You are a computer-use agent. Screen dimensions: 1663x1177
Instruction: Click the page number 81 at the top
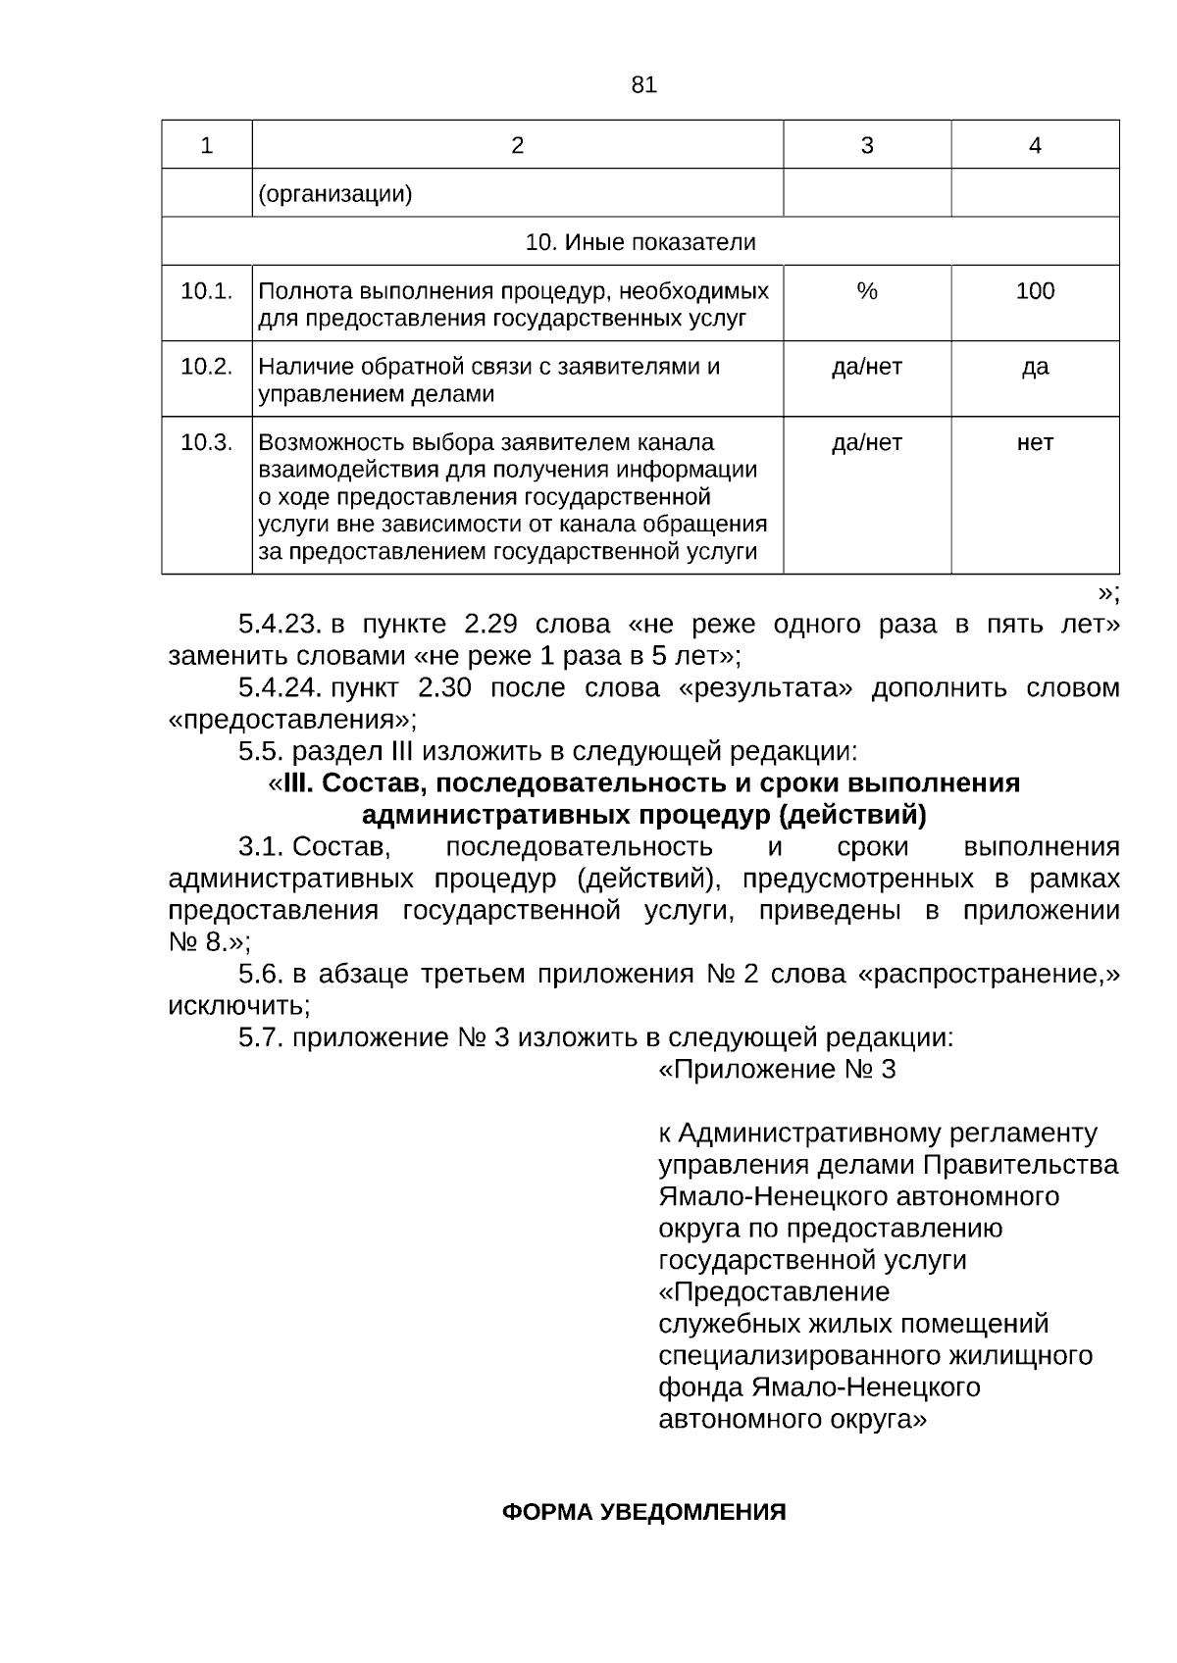pyautogui.click(x=643, y=85)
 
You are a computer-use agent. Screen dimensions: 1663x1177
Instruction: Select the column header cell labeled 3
pyautogui.click(x=866, y=145)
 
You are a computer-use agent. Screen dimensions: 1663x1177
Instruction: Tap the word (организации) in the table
pyautogui.click(x=334, y=194)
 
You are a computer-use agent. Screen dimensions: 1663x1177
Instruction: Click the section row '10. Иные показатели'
pyautogui.click(x=640, y=242)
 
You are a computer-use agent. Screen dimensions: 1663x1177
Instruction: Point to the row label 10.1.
pyautogui.click(x=206, y=291)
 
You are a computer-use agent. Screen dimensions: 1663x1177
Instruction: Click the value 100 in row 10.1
pyautogui.click(x=1035, y=291)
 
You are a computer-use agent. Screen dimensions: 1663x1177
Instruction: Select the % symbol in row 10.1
pyautogui.click(x=866, y=291)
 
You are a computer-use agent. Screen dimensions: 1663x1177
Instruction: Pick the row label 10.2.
pyautogui.click(x=206, y=367)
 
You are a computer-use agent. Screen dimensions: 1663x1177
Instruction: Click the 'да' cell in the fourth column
pyautogui.click(x=1035, y=367)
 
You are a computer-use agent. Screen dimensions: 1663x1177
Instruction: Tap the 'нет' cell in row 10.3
pyautogui.click(x=1035, y=442)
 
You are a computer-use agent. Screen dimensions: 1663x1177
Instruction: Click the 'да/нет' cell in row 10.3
pyautogui.click(x=866, y=442)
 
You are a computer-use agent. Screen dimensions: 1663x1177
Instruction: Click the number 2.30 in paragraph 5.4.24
pyautogui.click(x=444, y=688)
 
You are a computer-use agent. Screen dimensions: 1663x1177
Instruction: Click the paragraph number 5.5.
pyautogui.click(x=261, y=752)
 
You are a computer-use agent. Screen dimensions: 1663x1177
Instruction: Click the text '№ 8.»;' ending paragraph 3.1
pyautogui.click(x=209, y=942)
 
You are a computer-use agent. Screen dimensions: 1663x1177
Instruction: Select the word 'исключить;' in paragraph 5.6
pyautogui.click(x=239, y=1006)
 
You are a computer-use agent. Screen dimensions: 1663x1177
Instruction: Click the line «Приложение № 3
pyautogui.click(x=776, y=1069)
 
